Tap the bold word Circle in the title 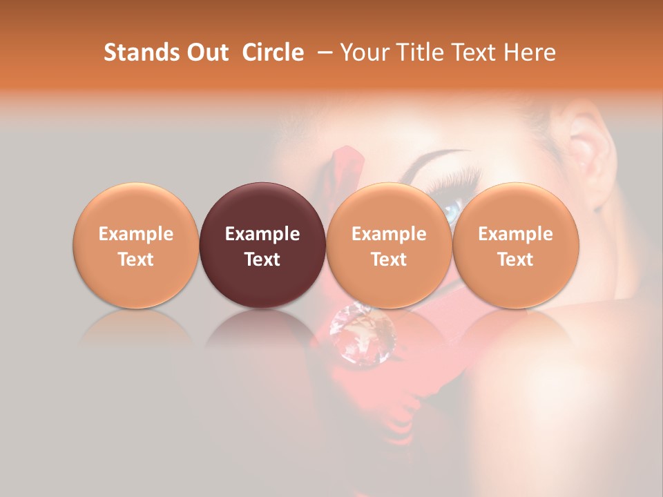point(273,52)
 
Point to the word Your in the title point(363,52)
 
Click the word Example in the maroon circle point(262,234)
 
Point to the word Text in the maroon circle point(262,260)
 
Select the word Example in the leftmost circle point(136,234)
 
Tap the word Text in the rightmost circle point(515,260)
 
